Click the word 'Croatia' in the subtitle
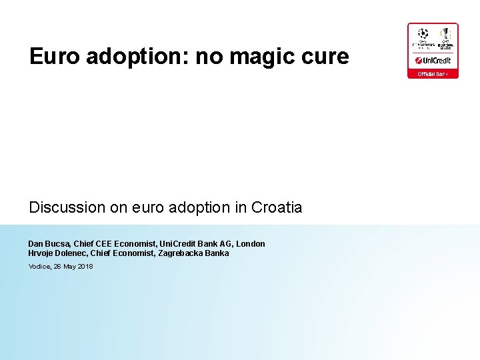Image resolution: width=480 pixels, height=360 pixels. tap(277, 207)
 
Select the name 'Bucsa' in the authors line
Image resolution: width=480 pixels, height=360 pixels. tap(57, 244)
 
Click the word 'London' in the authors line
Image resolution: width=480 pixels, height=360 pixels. tap(251, 244)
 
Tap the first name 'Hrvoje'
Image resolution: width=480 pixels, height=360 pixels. tap(41, 253)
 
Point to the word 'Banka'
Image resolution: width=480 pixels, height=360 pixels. tap(217, 253)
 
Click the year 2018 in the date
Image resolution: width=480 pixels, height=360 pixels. tap(85, 267)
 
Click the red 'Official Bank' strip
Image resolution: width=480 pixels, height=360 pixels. tap(433, 73)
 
